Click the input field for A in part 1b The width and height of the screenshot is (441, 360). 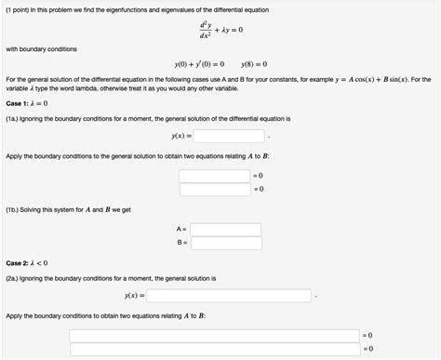[220, 228]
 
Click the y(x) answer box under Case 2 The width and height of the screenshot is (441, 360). [228, 296]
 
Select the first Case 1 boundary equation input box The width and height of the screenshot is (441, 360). [216, 175]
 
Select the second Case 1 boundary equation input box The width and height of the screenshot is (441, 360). [216, 189]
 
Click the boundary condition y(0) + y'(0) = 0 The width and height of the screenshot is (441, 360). [199, 64]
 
